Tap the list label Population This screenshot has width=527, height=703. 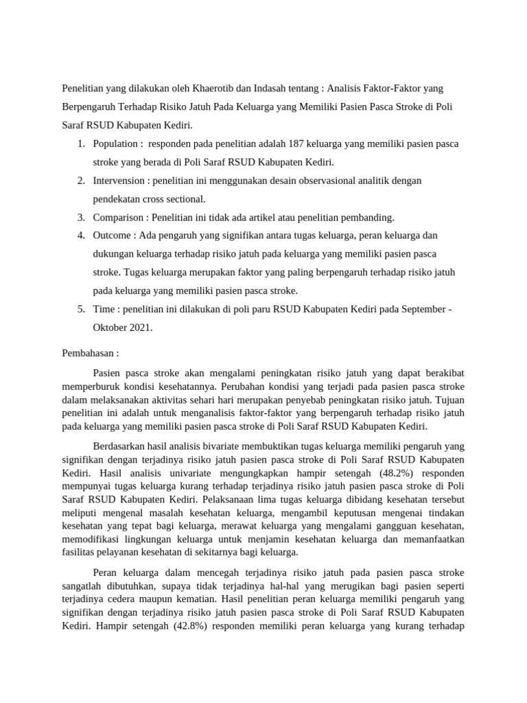(115, 144)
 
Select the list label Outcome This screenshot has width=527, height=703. (113, 235)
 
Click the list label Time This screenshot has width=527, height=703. (104, 309)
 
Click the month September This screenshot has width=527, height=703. (420, 309)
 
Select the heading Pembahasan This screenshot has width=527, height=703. (89, 354)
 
